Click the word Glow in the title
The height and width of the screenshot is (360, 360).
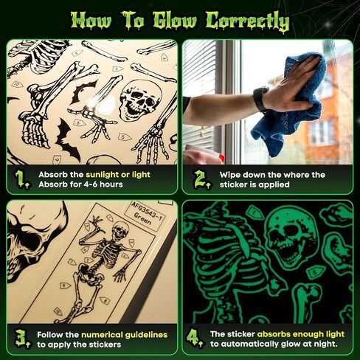coord(174,21)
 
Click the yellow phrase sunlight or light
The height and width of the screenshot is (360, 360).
coord(118,175)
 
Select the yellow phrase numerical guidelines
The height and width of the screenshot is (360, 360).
coord(124,335)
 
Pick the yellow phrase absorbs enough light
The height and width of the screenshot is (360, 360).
coord(301,334)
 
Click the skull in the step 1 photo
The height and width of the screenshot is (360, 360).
coord(140,100)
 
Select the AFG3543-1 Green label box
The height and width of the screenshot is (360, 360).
coord(145,215)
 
